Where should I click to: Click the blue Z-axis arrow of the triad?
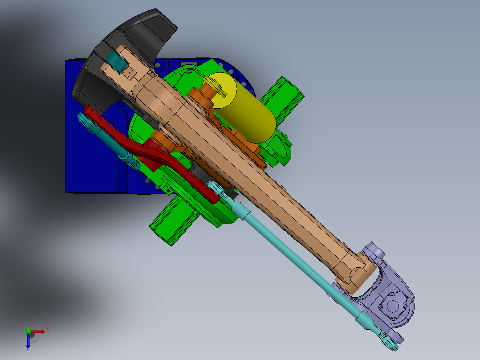(28, 341)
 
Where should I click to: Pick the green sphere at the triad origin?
(28, 331)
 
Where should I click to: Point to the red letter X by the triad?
(48, 329)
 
